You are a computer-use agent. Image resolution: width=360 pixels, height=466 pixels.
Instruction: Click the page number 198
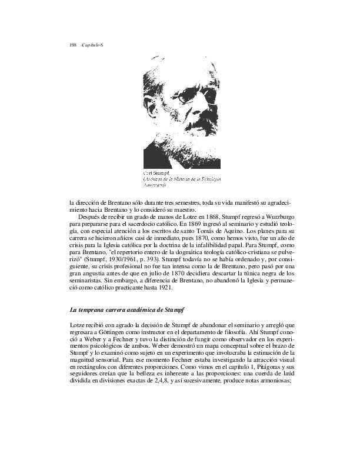pos(74,46)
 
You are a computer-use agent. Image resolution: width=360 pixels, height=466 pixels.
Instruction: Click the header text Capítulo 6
pos(92,46)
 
